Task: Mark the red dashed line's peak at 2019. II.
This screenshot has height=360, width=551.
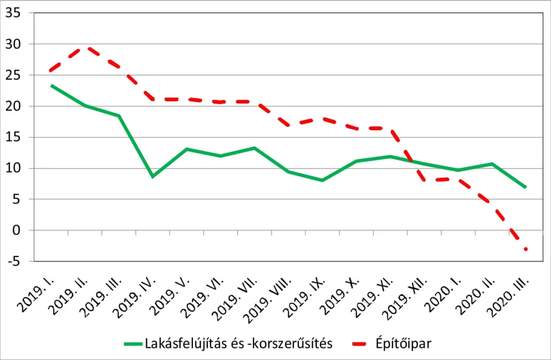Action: (85, 46)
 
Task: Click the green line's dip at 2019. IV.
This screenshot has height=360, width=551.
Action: (153, 176)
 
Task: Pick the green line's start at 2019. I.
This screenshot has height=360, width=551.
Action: (52, 85)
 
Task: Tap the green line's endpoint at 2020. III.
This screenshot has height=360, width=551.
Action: (525, 187)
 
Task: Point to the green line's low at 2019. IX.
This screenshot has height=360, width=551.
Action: (322, 180)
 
